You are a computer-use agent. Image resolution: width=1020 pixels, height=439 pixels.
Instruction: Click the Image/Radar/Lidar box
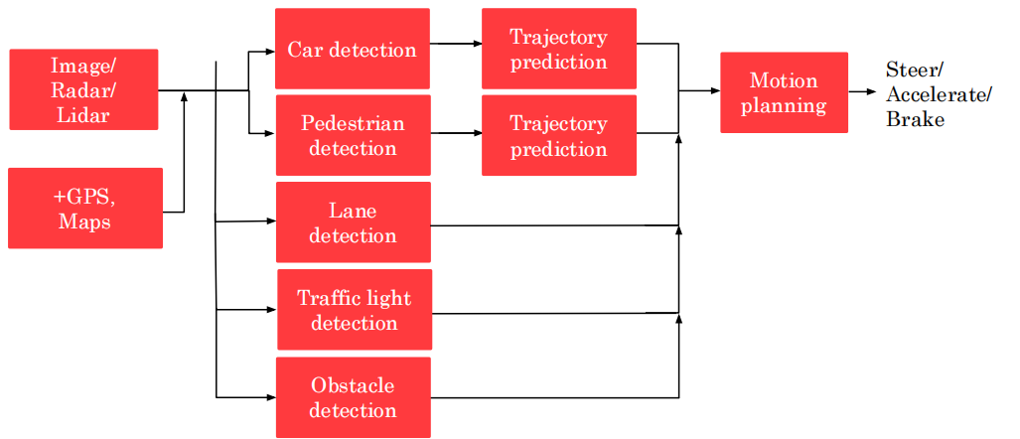point(83,89)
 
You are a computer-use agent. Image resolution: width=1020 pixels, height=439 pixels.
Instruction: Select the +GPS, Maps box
point(84,208)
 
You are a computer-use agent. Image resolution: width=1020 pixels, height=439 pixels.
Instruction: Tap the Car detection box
point(353,49)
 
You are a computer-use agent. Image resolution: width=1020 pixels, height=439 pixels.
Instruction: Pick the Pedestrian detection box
point(353,135)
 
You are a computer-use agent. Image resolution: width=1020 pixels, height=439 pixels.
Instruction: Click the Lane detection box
point(353,222)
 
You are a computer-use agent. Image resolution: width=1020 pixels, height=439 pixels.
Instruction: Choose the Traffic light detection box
point(354,310)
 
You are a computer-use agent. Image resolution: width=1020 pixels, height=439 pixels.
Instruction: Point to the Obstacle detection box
point(353,397)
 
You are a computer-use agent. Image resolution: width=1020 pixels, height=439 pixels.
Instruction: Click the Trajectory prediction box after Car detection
point(558,49)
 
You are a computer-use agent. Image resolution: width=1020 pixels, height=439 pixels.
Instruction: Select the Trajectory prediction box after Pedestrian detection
point(558,135)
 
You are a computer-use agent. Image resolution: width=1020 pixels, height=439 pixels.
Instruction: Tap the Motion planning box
point(784,92)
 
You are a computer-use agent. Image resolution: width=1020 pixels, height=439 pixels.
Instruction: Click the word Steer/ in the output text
point(914,72)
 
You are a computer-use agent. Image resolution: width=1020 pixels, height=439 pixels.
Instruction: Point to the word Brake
point(915,119)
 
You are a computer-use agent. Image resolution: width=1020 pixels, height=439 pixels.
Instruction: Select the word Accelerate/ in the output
point(938,95)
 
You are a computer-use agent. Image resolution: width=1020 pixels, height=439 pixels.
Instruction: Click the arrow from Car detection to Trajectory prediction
point(456,44)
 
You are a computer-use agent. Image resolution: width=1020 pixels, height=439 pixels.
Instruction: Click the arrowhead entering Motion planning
point(715,91)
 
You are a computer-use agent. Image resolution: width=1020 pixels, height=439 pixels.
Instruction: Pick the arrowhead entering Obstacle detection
point(271,397)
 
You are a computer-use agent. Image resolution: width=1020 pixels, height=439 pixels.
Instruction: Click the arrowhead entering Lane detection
point(271,221)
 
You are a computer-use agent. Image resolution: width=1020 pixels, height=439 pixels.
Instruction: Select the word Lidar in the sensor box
point(83,114)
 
